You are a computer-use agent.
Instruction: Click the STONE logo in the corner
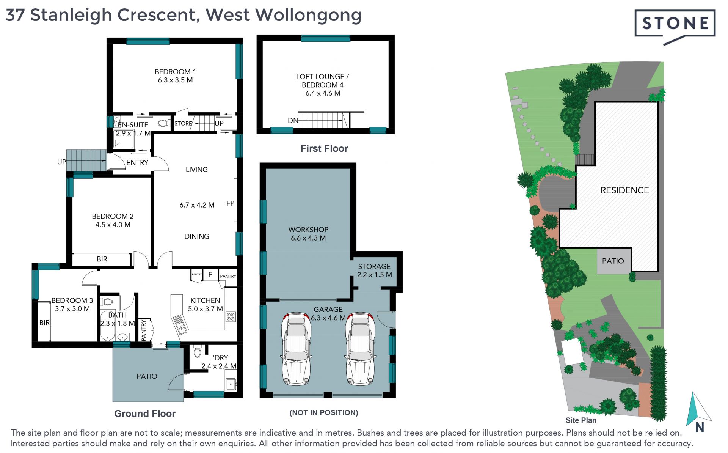coord(675,27)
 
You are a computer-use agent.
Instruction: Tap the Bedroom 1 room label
coord(175,76)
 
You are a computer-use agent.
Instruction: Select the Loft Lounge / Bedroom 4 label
coord(323,85)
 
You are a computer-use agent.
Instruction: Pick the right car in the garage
coord(360,349)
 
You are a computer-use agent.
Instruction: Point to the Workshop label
coord(308,234)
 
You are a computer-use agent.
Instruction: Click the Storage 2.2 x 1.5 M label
coord(375,271)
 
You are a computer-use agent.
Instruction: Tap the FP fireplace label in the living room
coord(230,203)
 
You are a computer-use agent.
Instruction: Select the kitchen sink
coord(180,325)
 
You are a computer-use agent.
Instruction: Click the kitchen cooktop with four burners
coord(231,316)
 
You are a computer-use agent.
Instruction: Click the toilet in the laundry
coord(197,352)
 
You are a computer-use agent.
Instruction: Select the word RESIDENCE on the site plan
coord(624,190)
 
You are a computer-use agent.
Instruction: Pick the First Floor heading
coord(324,149)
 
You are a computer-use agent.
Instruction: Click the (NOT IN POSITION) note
coord(324,413)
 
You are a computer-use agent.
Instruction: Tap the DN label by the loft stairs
coord(293,121)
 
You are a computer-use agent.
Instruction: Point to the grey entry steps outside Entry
coord(86,160)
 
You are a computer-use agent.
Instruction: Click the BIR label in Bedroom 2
coord(102,259)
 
